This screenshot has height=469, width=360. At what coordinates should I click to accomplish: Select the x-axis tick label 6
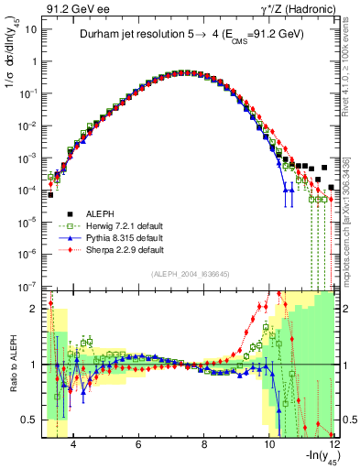click(x=137, y=444)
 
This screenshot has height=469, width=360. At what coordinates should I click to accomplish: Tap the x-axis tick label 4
click(x=72, y=444)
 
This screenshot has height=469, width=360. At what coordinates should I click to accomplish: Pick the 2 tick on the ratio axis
click(x=35, y=308)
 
